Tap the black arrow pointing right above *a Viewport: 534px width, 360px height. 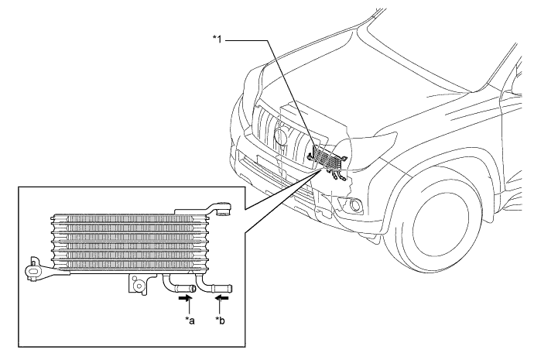point(186,295)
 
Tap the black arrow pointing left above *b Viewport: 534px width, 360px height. point(221,295)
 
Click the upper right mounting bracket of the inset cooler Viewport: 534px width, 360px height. point(224,207)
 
